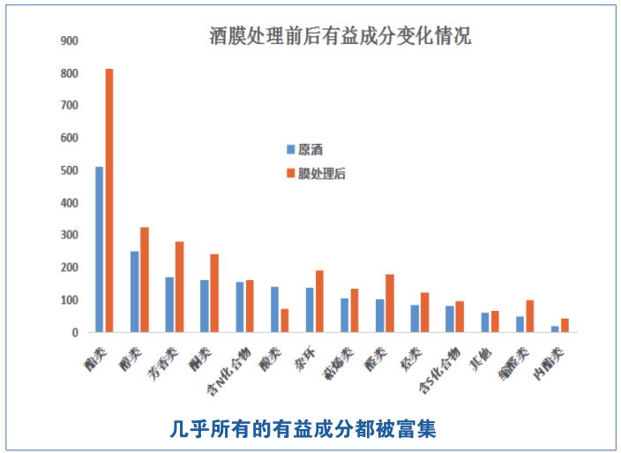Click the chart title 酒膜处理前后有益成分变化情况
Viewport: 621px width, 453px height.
point(340,36)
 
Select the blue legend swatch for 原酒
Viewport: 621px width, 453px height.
point(290,149)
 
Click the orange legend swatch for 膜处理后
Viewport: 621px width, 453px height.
point(290,174)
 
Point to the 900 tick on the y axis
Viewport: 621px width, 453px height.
point(69,41)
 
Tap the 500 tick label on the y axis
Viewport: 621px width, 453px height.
point(69,170)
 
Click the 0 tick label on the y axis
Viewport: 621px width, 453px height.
point(76,333)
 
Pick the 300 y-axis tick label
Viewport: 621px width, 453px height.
point(69,236)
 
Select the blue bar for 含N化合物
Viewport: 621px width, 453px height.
point(239,307)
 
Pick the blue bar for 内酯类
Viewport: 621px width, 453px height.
point(555,329)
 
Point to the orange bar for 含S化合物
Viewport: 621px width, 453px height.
point(460,317)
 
